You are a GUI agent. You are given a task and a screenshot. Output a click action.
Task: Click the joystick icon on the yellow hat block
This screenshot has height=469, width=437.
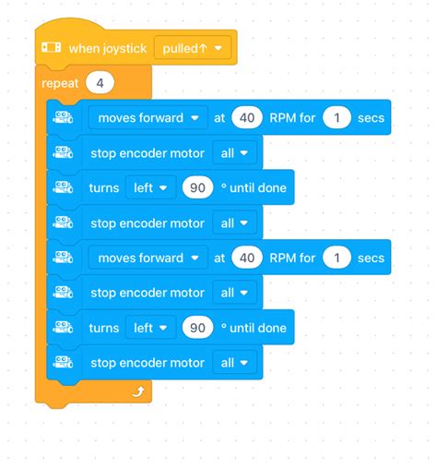[x=52, y=48]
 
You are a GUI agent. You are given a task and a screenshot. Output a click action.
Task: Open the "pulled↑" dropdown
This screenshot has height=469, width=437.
[x=193, y=48]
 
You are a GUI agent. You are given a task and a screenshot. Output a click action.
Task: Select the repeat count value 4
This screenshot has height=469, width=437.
[x=100, y=83]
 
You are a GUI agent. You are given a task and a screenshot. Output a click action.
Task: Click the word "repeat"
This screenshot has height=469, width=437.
[x=60, y=84]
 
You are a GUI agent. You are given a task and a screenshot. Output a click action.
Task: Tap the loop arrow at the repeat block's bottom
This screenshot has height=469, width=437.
[x=138, y=391]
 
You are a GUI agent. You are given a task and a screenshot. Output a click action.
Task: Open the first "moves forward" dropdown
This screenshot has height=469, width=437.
[x=148, y=118]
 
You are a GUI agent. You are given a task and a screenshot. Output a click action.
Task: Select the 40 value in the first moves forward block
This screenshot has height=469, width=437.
[x=247, y=118]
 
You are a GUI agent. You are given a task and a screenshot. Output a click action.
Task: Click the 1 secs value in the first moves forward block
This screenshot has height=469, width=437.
[x=337, y=118]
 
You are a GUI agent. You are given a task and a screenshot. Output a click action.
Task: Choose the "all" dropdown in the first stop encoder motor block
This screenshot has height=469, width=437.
[x=234, y=153]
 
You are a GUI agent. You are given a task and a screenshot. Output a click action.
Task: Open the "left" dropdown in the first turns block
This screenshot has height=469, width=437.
[x=150, y=187]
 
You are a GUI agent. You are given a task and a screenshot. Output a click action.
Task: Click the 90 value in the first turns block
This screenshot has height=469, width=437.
[x=197, y=187]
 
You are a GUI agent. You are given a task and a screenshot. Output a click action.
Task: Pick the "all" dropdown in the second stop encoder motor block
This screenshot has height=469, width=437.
[x=234, y=222]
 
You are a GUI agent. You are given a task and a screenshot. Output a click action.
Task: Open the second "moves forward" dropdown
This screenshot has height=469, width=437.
[x=148, y=258]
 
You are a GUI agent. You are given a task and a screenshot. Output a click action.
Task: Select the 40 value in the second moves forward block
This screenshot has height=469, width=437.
[x=247, y=258]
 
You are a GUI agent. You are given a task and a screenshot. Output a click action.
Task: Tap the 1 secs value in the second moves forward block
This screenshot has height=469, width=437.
[x=337, y=258]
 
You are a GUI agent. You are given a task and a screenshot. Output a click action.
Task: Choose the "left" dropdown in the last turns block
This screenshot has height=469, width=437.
[x=150, y=328]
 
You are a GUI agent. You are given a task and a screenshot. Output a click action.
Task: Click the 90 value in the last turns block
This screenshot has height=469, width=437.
[x=197, y=328]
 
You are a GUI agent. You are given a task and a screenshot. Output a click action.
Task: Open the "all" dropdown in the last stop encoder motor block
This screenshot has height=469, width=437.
[x=234, y=363]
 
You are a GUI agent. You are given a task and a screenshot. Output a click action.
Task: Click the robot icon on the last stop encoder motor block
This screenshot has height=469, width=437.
[x=63, y=362]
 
